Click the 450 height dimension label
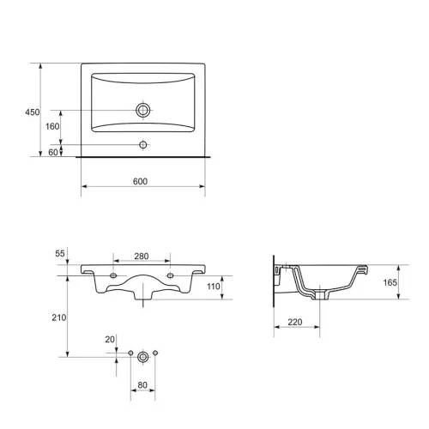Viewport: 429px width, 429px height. click(33, 112)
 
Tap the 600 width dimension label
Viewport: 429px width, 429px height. click(140, 181)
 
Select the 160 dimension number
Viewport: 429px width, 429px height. click(52, 126)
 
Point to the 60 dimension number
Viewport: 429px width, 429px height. click(53, 152)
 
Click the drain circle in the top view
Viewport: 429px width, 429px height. click(143, 110)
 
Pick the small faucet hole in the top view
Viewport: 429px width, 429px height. click(143, 145)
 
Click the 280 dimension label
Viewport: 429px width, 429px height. click(142, 257)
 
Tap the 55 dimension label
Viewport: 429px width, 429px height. click(60, 253)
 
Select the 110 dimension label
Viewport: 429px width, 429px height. click(214, 287)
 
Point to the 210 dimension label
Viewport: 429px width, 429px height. click(59, 317)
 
